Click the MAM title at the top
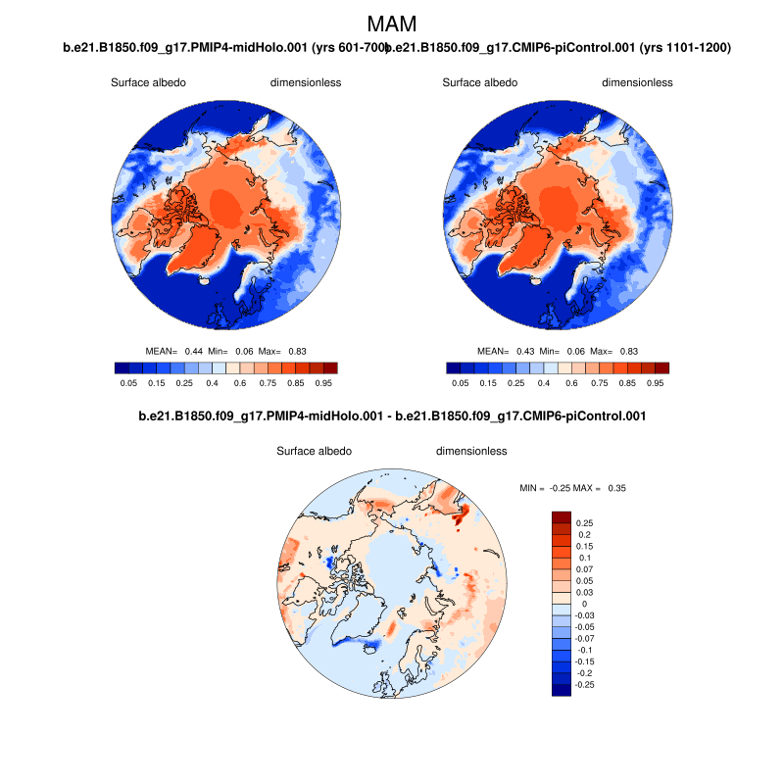tap(391, 24)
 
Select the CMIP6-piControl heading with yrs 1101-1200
tap(561, 47)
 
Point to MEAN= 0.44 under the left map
tap(173, 351)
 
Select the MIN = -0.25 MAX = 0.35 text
tap(572, 487)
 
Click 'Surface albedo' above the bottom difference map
tap(314, 452)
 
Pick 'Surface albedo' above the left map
tap(148, 83)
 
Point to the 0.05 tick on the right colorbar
tap(460, 383)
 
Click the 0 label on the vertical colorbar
tap(584, 604)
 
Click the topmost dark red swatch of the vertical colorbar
tap(561, 516)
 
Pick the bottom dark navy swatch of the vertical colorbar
tap(561, 690)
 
